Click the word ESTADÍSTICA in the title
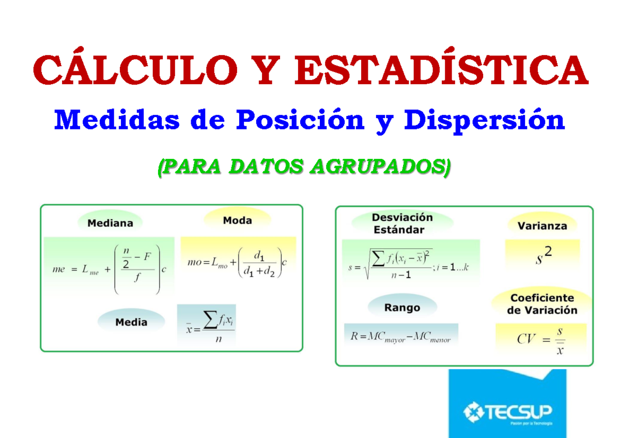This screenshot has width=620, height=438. coord(442,72)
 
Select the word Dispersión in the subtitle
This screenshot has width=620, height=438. coord(485,121)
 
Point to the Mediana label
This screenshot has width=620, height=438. coord(110,223)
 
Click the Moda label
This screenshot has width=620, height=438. coord(237,221)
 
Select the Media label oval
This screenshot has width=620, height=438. coord(131,322)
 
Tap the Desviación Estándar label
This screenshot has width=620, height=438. coord(402,224)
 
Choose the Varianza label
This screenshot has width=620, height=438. coord(542,226)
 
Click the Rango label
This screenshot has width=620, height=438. coord(402,307)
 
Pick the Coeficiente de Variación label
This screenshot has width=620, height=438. coord(541,304)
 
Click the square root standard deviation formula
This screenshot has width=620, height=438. coord(408,264)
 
